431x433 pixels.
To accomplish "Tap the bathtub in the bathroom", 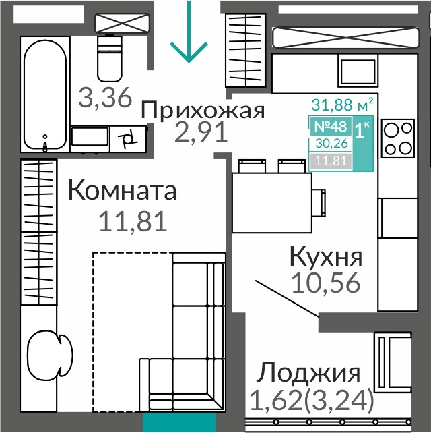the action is tap(45, 94).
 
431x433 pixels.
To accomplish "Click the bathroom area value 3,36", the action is tap(105, 97).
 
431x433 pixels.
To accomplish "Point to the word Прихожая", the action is tap(203, 111).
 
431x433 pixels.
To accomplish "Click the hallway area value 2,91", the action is tap(201, 132).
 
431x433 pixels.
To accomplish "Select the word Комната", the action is tap(122, 190).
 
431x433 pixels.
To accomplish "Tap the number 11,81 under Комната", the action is tap(133, 221).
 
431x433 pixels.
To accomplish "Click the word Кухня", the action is tap(326, 257).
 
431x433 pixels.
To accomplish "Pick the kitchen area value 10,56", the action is tap(326, 282).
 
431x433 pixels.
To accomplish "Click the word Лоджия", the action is tap(308, 372).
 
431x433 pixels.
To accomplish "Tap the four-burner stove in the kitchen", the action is tap(398, 138).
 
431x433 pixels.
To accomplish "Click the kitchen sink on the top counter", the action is tap(358, 71).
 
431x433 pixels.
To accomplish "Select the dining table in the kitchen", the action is tap(272, 203).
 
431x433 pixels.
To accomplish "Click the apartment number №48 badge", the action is tap(331, 127).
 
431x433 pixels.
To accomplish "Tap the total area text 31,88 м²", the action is tap(343, 105).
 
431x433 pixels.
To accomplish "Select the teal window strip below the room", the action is tap(179, 421).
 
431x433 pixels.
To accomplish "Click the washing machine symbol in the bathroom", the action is tap(128, 139).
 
